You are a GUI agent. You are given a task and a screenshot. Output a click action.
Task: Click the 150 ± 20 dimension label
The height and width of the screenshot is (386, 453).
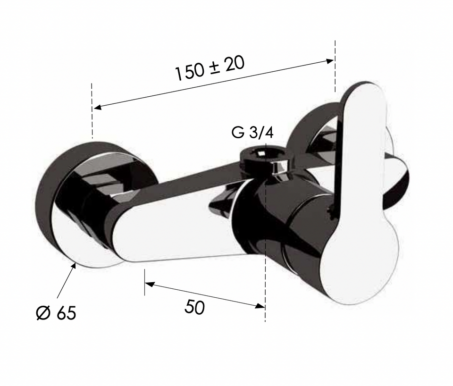coord(210,68)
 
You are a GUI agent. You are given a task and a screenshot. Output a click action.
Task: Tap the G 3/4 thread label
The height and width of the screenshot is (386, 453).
coord(252,133)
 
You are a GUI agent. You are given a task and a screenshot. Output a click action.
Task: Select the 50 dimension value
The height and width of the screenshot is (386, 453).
coord(194,307)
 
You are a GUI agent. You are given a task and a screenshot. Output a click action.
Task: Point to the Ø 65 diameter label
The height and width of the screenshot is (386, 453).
coord(56,312)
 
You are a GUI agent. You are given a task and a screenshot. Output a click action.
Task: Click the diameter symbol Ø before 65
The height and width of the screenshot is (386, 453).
coord(43,313)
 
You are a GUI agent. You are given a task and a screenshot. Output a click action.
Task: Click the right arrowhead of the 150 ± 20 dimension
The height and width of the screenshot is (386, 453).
coord(330,61)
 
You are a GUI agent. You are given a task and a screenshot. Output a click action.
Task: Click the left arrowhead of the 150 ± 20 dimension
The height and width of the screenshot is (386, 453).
coord(98,108)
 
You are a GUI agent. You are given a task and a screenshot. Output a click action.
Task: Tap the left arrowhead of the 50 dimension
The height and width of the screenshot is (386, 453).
coord(149,284)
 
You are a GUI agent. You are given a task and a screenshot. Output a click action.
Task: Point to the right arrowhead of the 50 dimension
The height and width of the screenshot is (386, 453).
coord(260,306)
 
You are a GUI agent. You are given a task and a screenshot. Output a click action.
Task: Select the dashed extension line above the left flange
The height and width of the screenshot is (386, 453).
coord(92,111)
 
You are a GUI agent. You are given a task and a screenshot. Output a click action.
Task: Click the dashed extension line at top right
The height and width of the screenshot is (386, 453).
coord(335,66)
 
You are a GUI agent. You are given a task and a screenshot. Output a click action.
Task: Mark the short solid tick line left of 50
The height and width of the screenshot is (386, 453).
coord(144,282)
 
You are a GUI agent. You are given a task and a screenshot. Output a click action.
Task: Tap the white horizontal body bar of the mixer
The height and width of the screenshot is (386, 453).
coord(179,231)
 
